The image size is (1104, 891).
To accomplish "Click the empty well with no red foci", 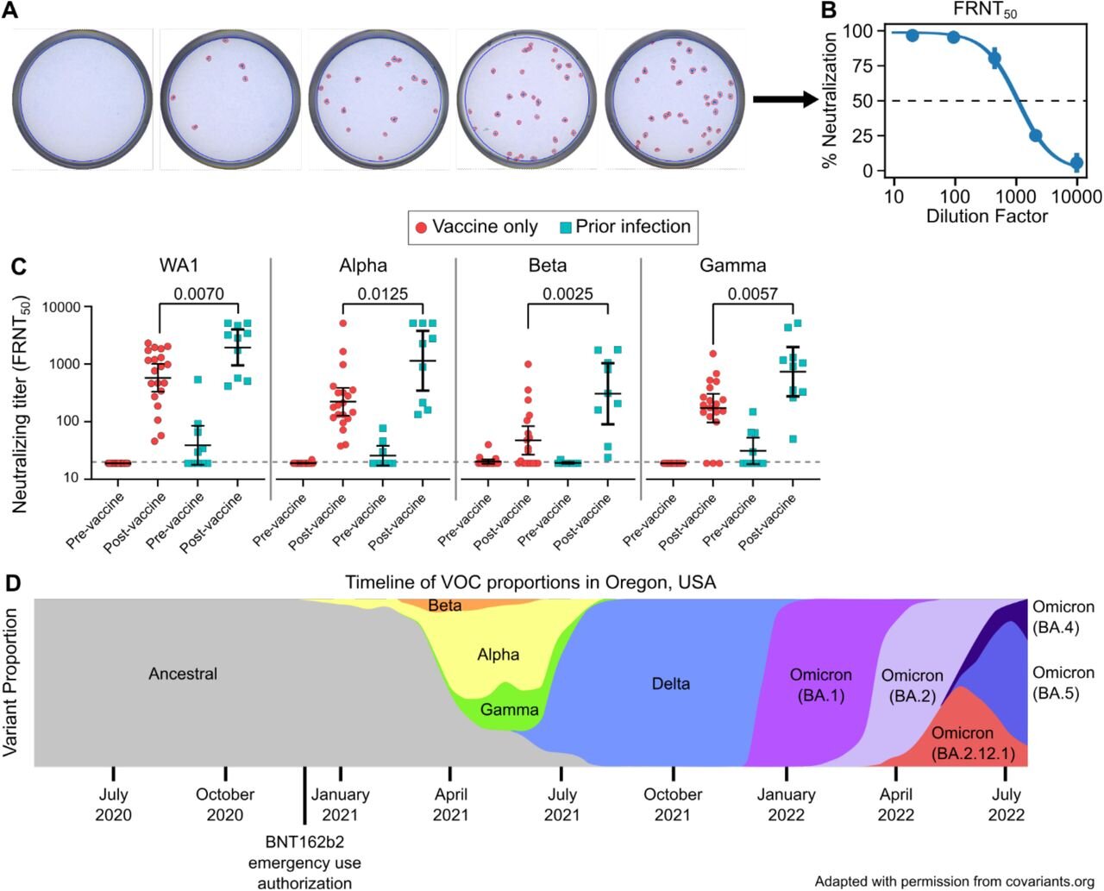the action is pos(82,99).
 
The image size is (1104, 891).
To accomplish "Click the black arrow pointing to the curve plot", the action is pos(785,99).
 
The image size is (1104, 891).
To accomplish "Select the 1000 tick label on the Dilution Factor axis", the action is pos(1016,197).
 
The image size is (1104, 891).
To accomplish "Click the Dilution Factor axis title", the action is pos(987,216).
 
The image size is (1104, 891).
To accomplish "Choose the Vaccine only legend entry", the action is pos(477,227).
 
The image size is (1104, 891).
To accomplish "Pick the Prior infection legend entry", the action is pos(625,227).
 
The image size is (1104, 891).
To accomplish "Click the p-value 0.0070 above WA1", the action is pos(198,294).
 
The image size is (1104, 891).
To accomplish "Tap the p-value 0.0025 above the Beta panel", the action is pos(568,294).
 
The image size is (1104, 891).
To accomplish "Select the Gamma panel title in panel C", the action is pos(732,266).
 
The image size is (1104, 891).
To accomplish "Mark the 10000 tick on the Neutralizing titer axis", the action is pos(62,307).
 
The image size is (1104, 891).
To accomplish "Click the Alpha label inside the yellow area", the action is pos(499,655).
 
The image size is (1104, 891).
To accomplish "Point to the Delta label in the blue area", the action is pos(671,684).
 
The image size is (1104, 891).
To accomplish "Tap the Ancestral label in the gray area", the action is pos(183,674).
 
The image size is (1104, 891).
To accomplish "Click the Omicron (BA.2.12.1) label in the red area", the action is pos(973,743).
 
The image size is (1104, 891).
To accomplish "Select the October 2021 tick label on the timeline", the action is pos(673,805).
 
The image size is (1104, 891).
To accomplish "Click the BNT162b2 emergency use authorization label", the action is pos(304,863).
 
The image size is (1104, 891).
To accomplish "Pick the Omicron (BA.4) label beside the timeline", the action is pos(1063,617).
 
